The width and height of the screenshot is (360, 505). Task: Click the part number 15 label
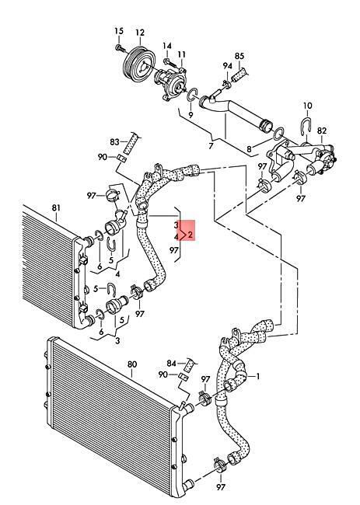click(119, 31)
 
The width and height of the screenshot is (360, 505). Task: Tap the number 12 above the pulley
click(140, 33)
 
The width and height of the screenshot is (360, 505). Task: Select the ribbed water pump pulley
click(139, 64)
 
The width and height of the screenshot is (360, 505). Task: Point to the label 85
click(239, 56)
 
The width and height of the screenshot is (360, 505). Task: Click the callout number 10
click(308, 106)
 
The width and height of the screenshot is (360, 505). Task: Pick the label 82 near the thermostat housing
click(322, 131)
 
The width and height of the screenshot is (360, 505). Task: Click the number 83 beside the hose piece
click(114, 141)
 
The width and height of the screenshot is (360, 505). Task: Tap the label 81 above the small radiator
click(56, 207)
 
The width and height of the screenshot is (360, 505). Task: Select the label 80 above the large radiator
click(132, 364)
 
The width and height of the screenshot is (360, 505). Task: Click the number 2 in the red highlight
click(190, 235)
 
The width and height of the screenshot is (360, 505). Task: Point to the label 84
click(172, 364)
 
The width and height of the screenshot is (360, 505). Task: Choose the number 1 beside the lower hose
click(258, 376)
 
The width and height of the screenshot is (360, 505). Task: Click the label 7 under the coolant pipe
click(211, 146)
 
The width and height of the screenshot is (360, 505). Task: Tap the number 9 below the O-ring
click(190, 115)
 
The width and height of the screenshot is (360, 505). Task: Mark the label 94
click(228, 66)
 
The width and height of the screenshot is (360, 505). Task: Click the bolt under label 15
click(121, 48)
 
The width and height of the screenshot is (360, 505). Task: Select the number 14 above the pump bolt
click(167, 46)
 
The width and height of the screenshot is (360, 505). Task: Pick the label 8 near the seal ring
click(249, 149)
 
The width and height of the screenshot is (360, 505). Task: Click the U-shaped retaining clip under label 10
click(307, 127)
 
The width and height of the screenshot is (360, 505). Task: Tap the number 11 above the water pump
click(182, 54)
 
